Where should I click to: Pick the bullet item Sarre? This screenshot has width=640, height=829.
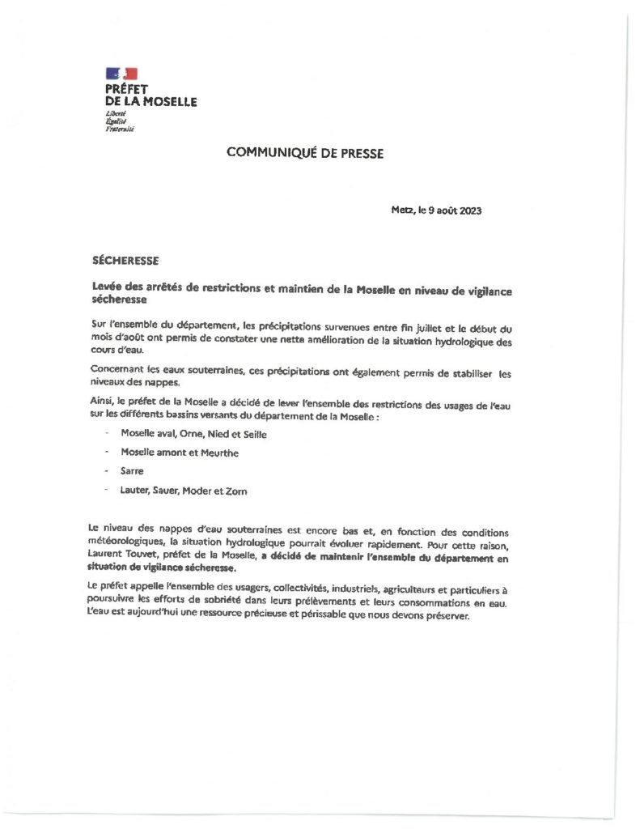pyautogui.click(x=130, y=470)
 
